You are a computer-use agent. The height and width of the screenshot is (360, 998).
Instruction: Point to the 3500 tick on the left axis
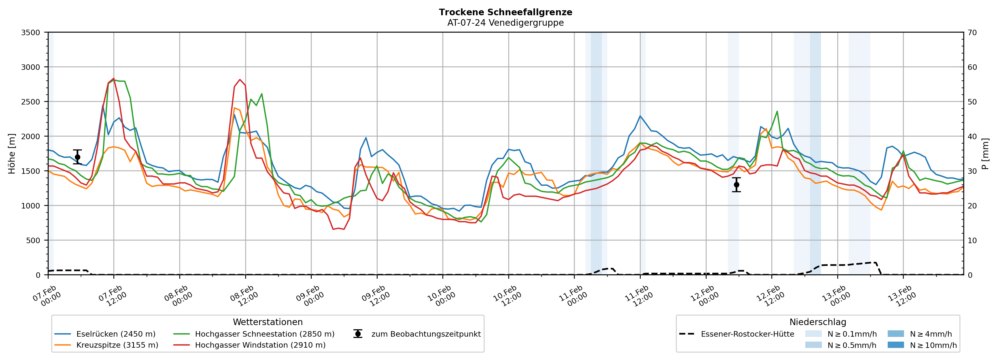(x=31, y=33)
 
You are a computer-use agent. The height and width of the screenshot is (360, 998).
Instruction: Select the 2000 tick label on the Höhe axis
(x=31, y=136)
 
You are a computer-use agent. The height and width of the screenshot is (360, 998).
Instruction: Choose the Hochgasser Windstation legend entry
(x=260, y=345)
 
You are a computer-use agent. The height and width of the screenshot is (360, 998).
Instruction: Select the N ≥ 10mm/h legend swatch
(x=895, y=345)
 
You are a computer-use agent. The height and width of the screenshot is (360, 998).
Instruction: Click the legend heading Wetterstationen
(x=268, y=322)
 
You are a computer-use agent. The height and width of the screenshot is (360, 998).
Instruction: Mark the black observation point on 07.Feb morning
(x=77, y=157)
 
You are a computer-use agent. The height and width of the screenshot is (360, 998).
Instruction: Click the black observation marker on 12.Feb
(x=736, y=185)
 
